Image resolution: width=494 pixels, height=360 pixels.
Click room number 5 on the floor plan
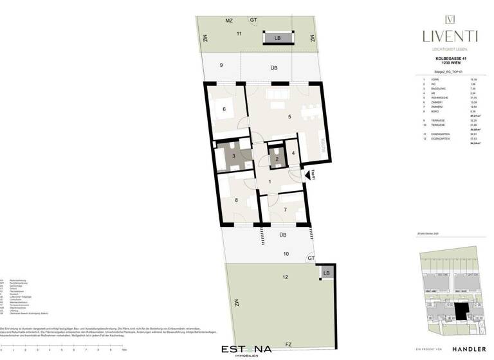click(x=290, y=116)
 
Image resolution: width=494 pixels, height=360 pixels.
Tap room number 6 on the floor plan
click(x=224, y=110)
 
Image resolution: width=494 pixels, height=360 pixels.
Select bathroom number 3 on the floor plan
click(x=225, y=156)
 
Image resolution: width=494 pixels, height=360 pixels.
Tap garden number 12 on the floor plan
click(x=284, y=277)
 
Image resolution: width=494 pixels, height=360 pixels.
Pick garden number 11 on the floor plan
click(x=239, y=32)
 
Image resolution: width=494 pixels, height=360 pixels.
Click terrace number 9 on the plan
click(x=221, y=65)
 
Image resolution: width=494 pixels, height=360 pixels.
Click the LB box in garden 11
click(x=277, y=39)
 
